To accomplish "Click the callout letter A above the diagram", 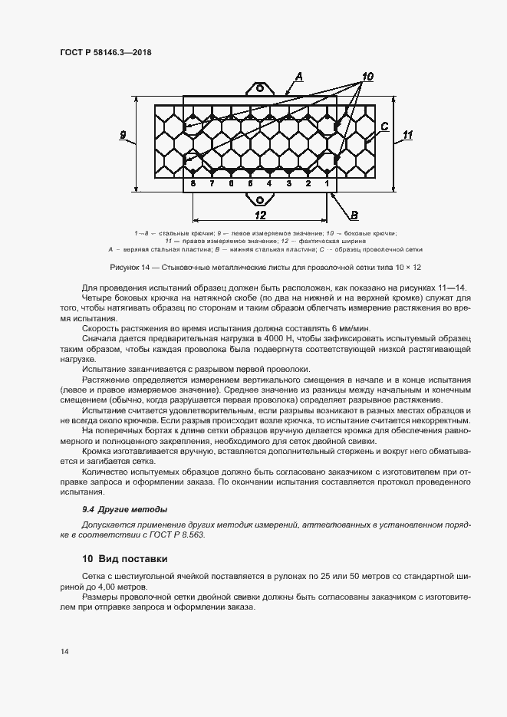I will [300, 75].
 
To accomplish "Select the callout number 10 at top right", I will [367, 76].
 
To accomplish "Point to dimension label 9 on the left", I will [123, 136].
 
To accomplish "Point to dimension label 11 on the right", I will [407, 135].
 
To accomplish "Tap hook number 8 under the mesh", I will [193, 185].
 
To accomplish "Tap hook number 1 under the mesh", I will [327, 185].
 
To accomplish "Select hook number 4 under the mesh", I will [269, 185].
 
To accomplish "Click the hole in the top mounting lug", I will [259, 89].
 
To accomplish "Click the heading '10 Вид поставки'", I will [125, 558].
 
